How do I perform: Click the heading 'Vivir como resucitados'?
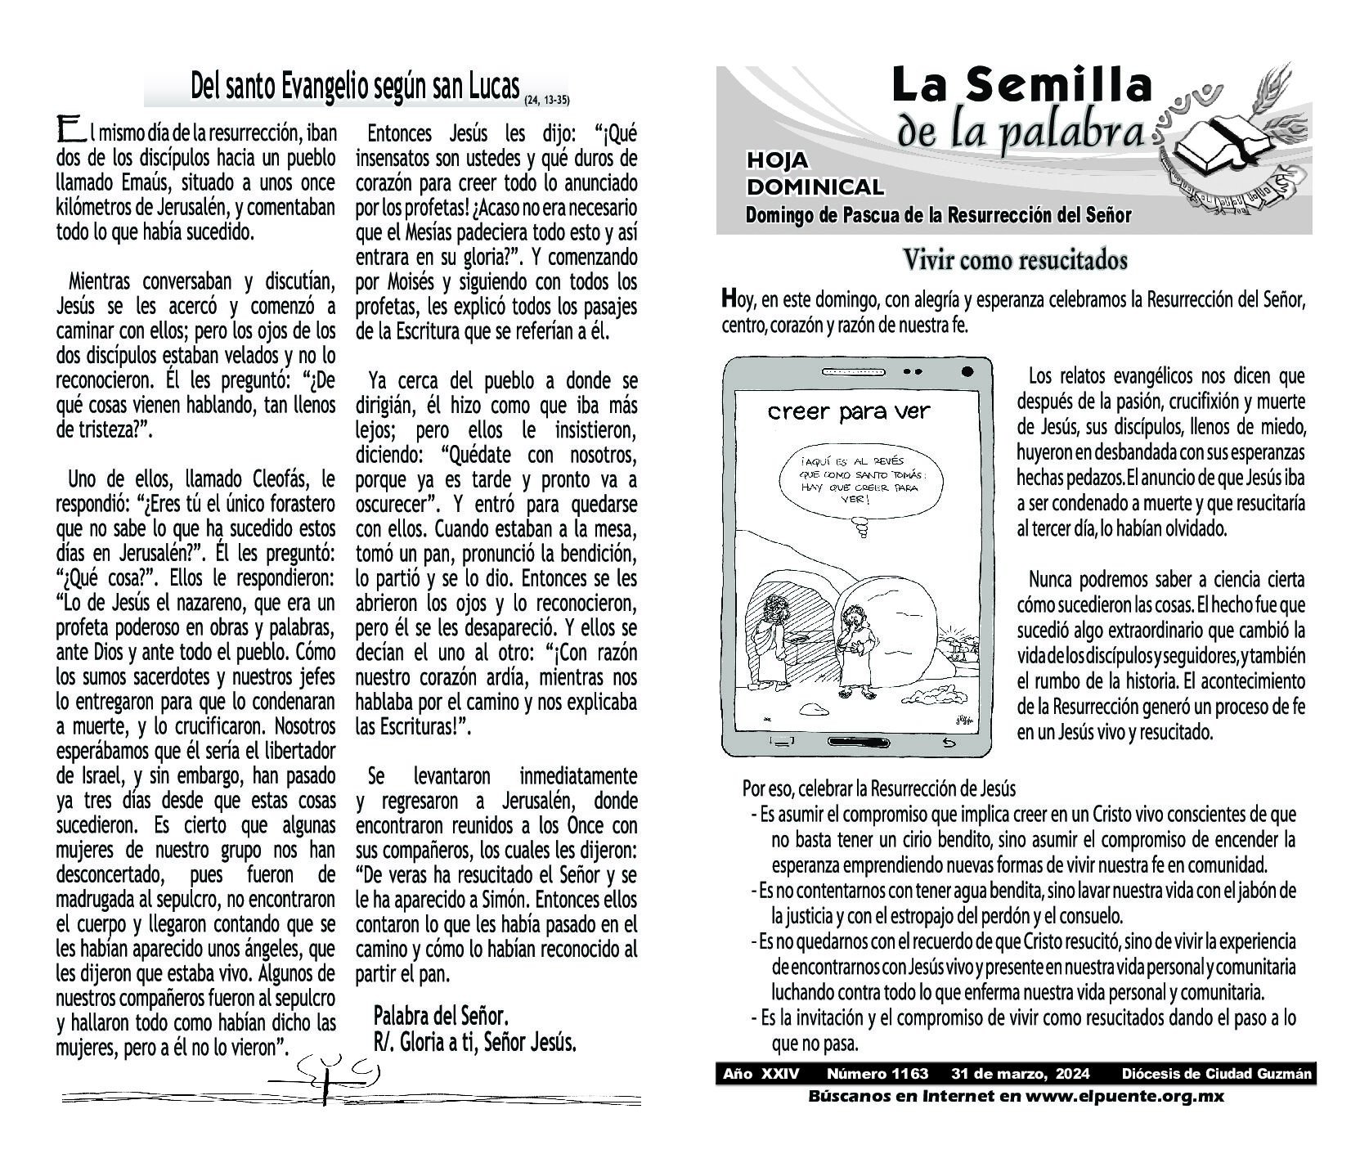[1014, 261]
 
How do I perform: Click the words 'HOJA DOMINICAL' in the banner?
[815, 174]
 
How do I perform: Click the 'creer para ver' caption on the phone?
[849, 411]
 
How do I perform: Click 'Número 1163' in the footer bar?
[877, 1074]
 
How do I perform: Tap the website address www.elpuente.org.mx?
[1122, 1096]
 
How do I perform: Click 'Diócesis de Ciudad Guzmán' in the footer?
[1217, 1074]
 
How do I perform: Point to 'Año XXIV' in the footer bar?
[761, 1074]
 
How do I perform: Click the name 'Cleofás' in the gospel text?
[279, 478]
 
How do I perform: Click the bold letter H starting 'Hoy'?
[729, 299]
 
